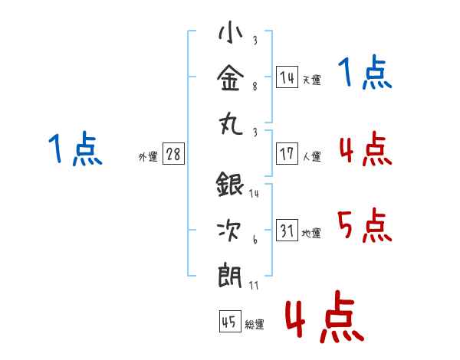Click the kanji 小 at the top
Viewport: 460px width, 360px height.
tap(230, 34)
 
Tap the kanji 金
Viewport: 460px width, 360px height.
tap(230, 77)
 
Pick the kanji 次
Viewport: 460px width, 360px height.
tap(230, 231)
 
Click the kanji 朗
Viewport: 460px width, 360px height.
tap(230, 273)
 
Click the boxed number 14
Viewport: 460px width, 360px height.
tap(287, 77)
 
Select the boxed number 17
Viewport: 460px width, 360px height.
tap(287, 153)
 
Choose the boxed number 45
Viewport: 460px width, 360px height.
tap(228, 322)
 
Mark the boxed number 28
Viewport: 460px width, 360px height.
tap(173, 154)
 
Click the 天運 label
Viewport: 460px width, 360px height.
tap(311, 80)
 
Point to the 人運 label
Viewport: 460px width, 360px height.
tap(311, 156)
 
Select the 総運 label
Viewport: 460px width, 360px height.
tap(254, 325)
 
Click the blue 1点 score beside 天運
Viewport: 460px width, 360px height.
tap(365, 74)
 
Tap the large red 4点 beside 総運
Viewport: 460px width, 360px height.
tap(324, 316)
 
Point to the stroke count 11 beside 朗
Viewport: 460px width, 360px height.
tap(255, 285)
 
